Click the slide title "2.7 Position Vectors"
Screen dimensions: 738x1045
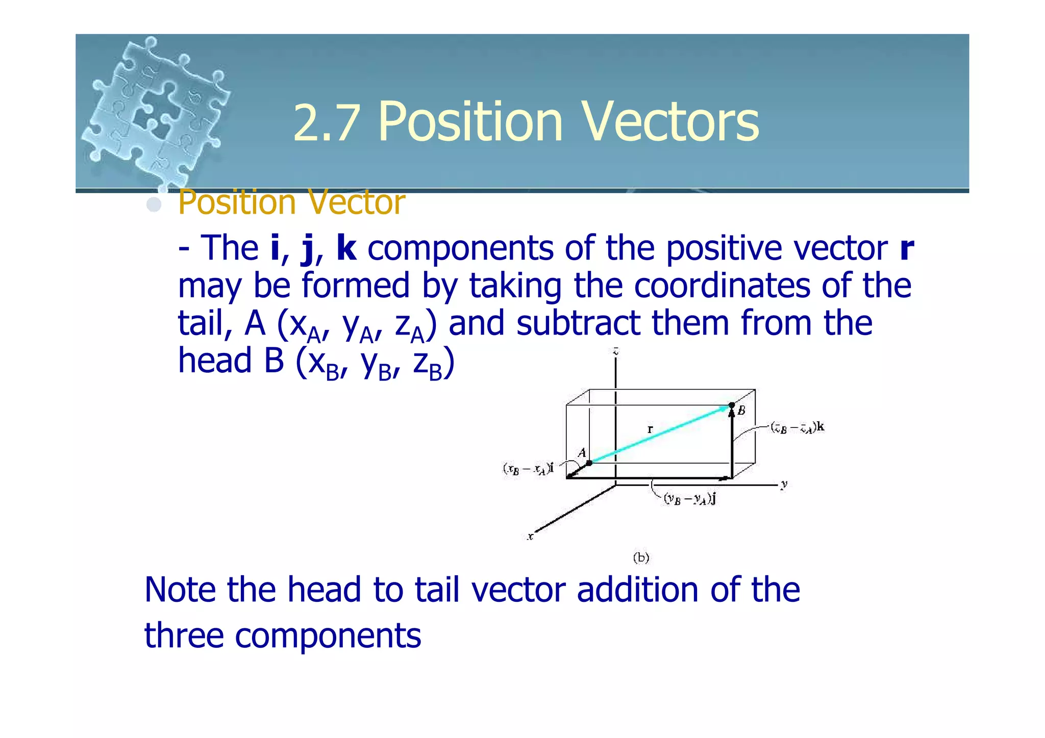coord(526,122)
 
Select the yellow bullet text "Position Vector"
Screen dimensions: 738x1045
coord(291,202)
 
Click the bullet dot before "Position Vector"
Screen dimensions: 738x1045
coord(154,205)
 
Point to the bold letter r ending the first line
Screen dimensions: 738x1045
coord(906,248)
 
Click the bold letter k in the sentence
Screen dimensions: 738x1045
coord(346,248)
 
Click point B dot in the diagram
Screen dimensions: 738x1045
coord(732,405)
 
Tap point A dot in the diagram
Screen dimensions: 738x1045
coord(589,463)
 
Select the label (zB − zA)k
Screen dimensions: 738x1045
coord(797,427)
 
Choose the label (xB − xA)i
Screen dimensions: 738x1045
coord(529,469)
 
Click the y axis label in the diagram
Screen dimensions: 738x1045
coord(784,484)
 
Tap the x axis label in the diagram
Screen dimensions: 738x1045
coord(531,536)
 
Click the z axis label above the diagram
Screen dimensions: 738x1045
coord(616,351)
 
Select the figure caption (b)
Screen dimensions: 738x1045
coord(641,557)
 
